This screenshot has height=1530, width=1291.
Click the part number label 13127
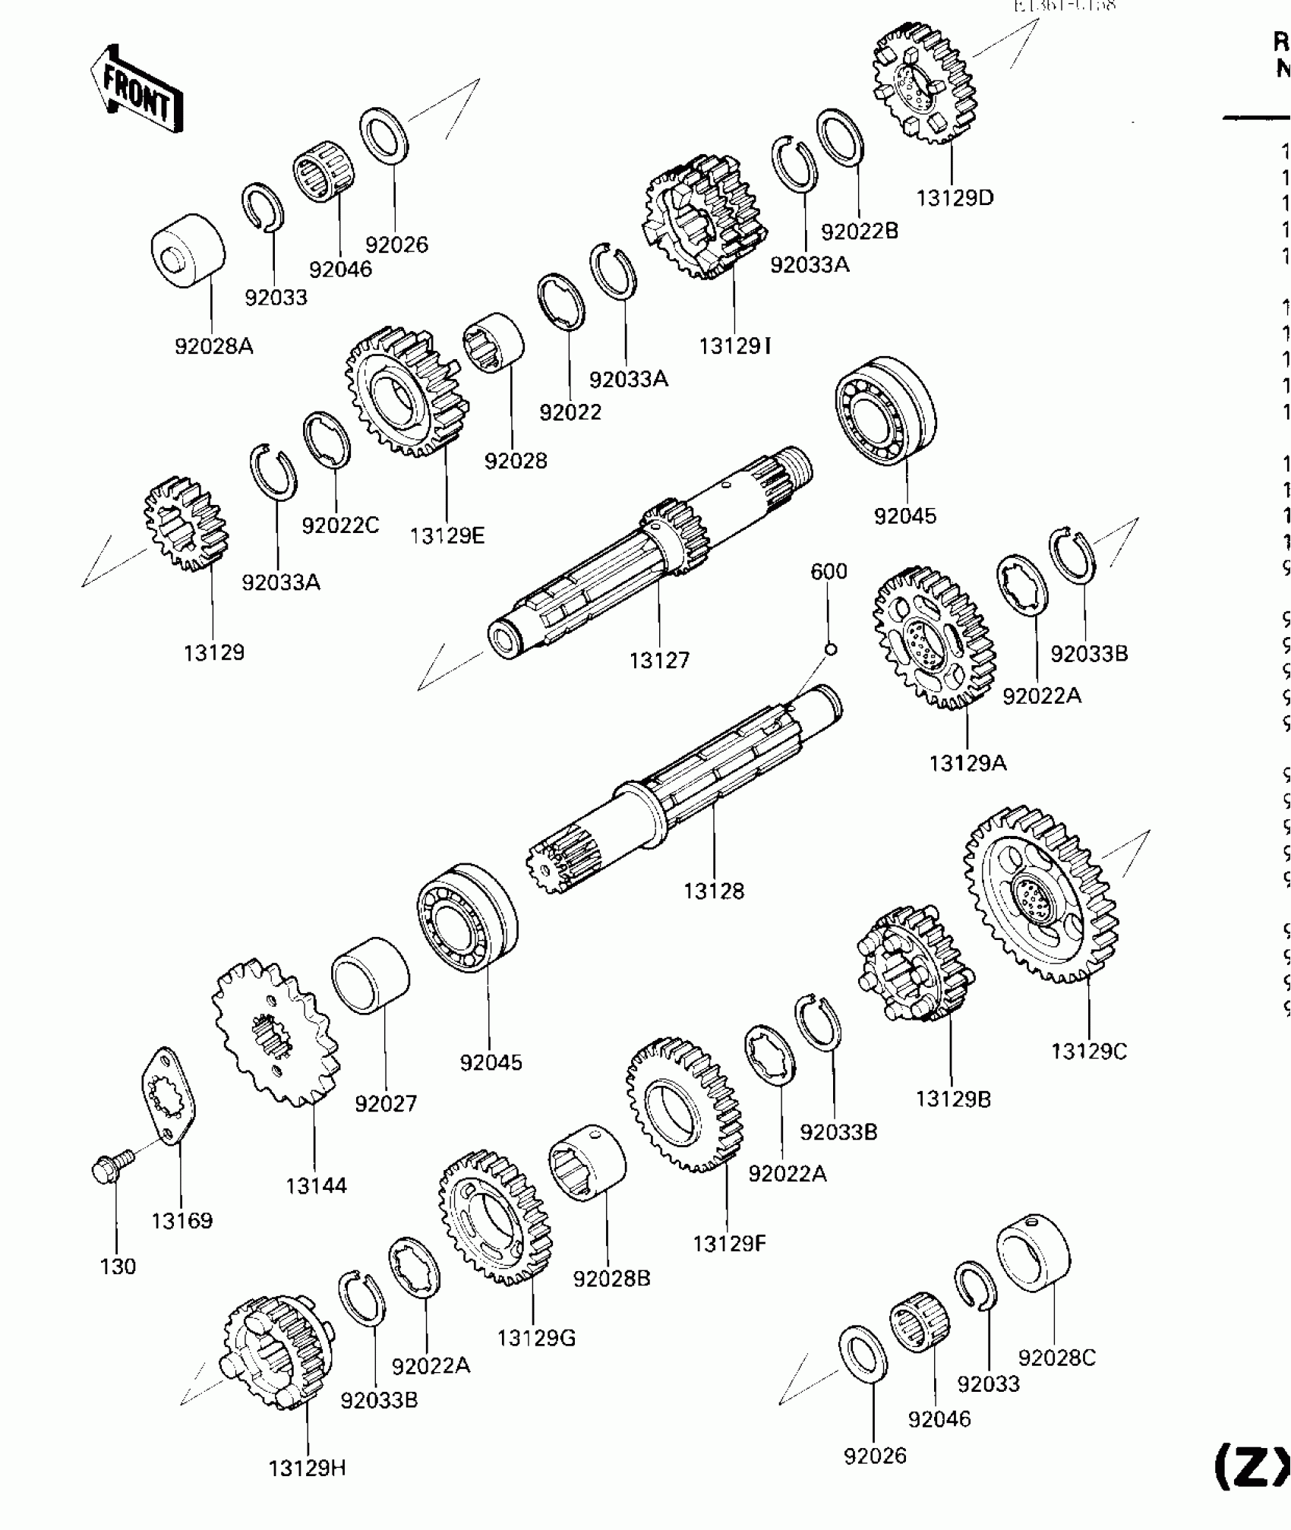coord(659,660)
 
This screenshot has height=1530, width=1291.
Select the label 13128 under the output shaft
coord(713,891)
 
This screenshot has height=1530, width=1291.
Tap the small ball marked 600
coord(830,649)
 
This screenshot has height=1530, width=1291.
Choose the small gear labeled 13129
coord(186,524)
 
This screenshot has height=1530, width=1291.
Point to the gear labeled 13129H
coord(277,1352)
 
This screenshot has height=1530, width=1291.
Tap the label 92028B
coord(611,1279)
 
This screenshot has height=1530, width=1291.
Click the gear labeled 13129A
coord(934,638)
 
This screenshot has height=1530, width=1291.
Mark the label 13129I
coord(734,346)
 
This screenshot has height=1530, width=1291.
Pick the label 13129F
coord(729,1244)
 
